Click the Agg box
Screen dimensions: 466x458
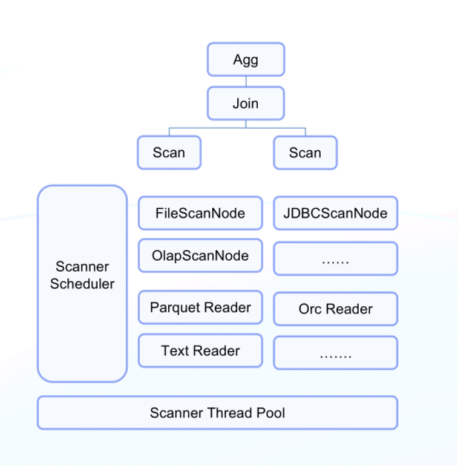pos(246,60)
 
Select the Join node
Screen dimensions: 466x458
pos(246,103)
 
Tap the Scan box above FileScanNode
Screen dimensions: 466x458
pos(169,152)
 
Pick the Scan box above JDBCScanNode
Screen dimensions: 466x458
pos(305,152)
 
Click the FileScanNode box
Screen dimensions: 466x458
pos(200,213)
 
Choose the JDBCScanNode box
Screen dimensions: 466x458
pos(335,213)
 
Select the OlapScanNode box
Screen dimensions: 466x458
pos(200,256)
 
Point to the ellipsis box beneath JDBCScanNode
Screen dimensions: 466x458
pos(335,258)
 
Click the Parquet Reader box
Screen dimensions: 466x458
pos(200,308)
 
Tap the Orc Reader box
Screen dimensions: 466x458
pos(335,309)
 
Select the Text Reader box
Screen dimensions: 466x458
pos(200,351)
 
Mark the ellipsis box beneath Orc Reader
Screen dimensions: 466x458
pos(335,353)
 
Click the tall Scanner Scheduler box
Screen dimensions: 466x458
pos(82,331)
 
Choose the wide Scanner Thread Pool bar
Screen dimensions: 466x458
pos(217,413)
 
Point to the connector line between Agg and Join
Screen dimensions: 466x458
pos(246,81)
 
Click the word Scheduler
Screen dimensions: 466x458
pos(82,284)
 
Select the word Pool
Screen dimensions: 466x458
pos(271,413)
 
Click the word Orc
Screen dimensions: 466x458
pos(310,309)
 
